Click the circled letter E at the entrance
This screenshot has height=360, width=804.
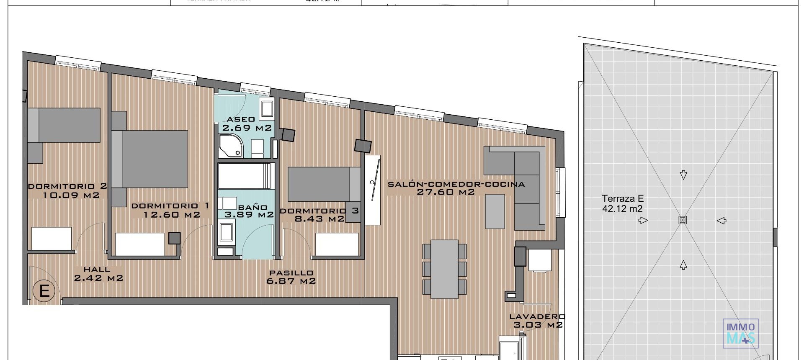coord(44,291)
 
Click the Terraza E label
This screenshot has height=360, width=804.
coord(623,199)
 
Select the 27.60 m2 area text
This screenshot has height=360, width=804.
coord(446,193)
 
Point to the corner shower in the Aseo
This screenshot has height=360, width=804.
coord(230,146)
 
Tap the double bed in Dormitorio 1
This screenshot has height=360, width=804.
coord(155,159)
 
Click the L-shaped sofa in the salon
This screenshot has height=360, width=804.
coord(523,180)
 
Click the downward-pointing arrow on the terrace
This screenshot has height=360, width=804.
coord(683,175)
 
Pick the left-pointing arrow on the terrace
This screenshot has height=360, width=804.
coord(721,221)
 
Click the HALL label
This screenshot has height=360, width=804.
coord(96,270)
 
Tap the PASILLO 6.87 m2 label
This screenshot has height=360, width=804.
coord(291,277)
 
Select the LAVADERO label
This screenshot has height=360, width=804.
coord(537,317)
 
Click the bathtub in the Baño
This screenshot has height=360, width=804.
coord(246,176)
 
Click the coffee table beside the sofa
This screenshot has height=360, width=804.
coord(495,211)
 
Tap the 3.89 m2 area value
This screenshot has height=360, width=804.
coord(249,215)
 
